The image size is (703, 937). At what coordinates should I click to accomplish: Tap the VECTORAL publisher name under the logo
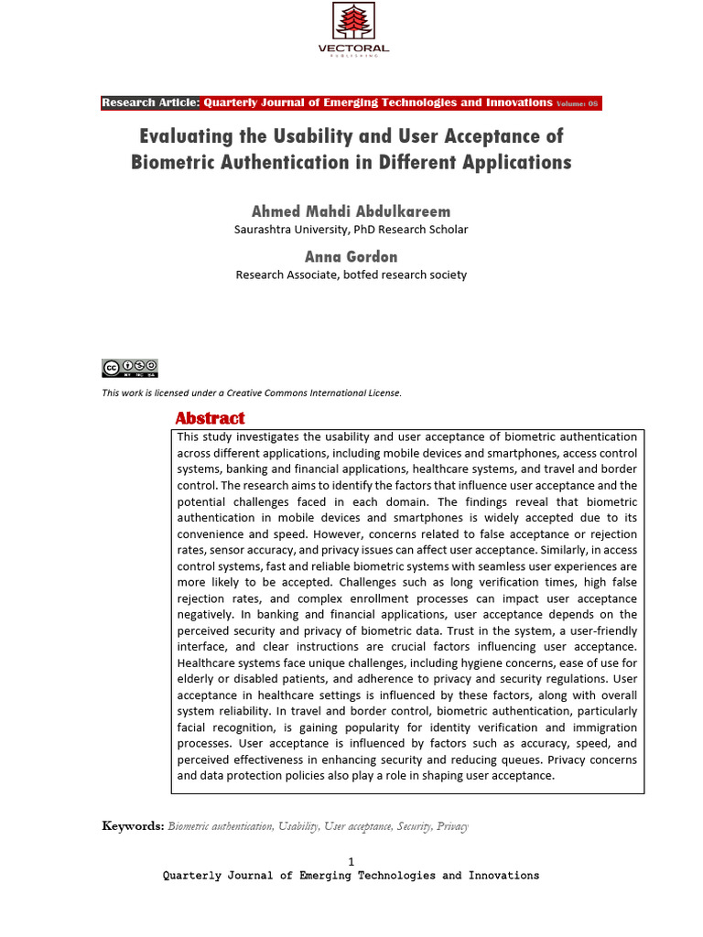point(353,48)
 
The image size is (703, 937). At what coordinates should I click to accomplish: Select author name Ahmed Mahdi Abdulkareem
point(351,211)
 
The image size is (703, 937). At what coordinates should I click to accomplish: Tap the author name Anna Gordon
point(351,256)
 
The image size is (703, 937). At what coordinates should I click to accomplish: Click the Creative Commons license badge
point(130,368)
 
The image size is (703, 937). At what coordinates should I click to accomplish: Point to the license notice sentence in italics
point(252,393)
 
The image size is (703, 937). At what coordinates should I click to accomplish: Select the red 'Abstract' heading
point(210,418)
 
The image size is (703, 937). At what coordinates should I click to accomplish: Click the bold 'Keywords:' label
point(133,826)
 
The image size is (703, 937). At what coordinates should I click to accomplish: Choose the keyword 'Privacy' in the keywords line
point(452,826)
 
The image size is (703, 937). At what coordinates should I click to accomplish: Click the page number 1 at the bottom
point(351,861)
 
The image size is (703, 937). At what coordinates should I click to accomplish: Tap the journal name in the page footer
point(351,876)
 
